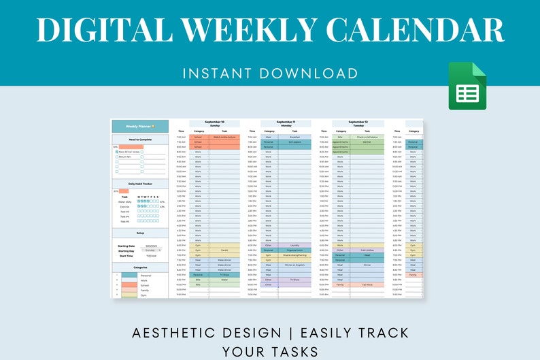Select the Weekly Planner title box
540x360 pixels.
[139, 126]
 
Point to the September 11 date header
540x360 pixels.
[286, 122]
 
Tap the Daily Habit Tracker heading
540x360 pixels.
[139, 184]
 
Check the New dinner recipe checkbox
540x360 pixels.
[116, 151]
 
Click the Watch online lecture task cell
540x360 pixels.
[224, 137]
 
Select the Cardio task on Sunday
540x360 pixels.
[224, 250]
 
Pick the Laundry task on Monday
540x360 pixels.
[294, 245]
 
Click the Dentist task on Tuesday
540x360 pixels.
[366, 142]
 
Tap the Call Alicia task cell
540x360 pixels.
[366, 284]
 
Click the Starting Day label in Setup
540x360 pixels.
[126, 250]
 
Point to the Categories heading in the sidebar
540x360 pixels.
[139, 268]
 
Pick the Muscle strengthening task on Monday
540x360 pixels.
[294, 255]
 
